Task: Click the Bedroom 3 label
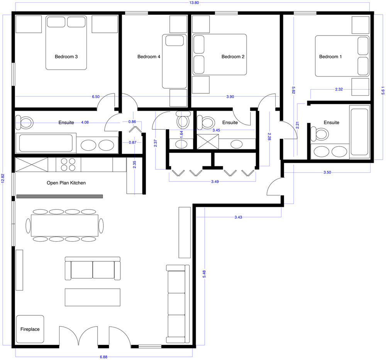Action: (66, 57)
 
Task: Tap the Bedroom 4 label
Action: (149, 57)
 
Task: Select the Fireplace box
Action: (30, 329)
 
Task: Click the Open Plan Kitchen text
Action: (66, 183)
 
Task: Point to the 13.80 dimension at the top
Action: (194, 3)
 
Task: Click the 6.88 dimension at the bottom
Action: (103, 357)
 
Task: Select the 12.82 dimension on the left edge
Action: (3, 178)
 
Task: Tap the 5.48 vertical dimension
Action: (204, 274)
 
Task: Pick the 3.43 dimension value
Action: (238, 217)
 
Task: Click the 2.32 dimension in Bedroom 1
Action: (339, 89)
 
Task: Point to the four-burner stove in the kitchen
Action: (68, 165)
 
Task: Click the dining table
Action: (64, 225)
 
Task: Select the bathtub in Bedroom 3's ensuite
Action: (46, 143)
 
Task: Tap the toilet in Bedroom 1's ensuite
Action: (320, 134)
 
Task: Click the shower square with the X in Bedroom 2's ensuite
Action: (208, 142)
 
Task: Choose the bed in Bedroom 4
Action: (174, 61)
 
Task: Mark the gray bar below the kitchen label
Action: (59, 196)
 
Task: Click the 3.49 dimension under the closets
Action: (215, 182)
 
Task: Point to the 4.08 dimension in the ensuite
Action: (85, 122)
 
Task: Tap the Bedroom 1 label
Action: (330, 57)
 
